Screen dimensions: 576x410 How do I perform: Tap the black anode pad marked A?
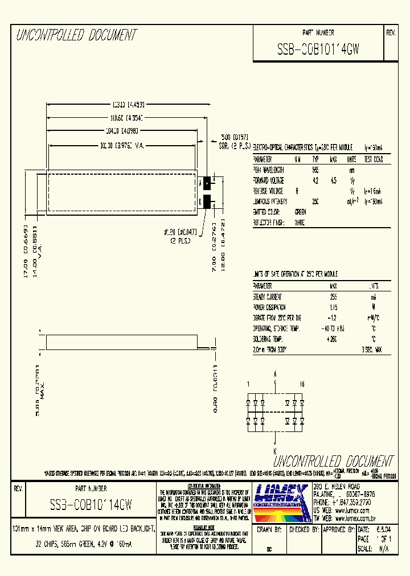(207, 183)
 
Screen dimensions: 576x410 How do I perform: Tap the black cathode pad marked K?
(207, 201)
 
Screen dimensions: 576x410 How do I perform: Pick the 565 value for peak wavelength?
(315, 170)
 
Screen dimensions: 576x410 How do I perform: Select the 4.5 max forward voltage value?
(334, 180)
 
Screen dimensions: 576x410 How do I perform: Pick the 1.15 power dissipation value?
(334, 307)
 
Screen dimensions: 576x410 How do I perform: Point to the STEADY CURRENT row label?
(267, 297)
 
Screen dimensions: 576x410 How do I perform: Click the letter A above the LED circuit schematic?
(276, 375)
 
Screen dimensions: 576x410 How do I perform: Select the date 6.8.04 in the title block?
(375, 529)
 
